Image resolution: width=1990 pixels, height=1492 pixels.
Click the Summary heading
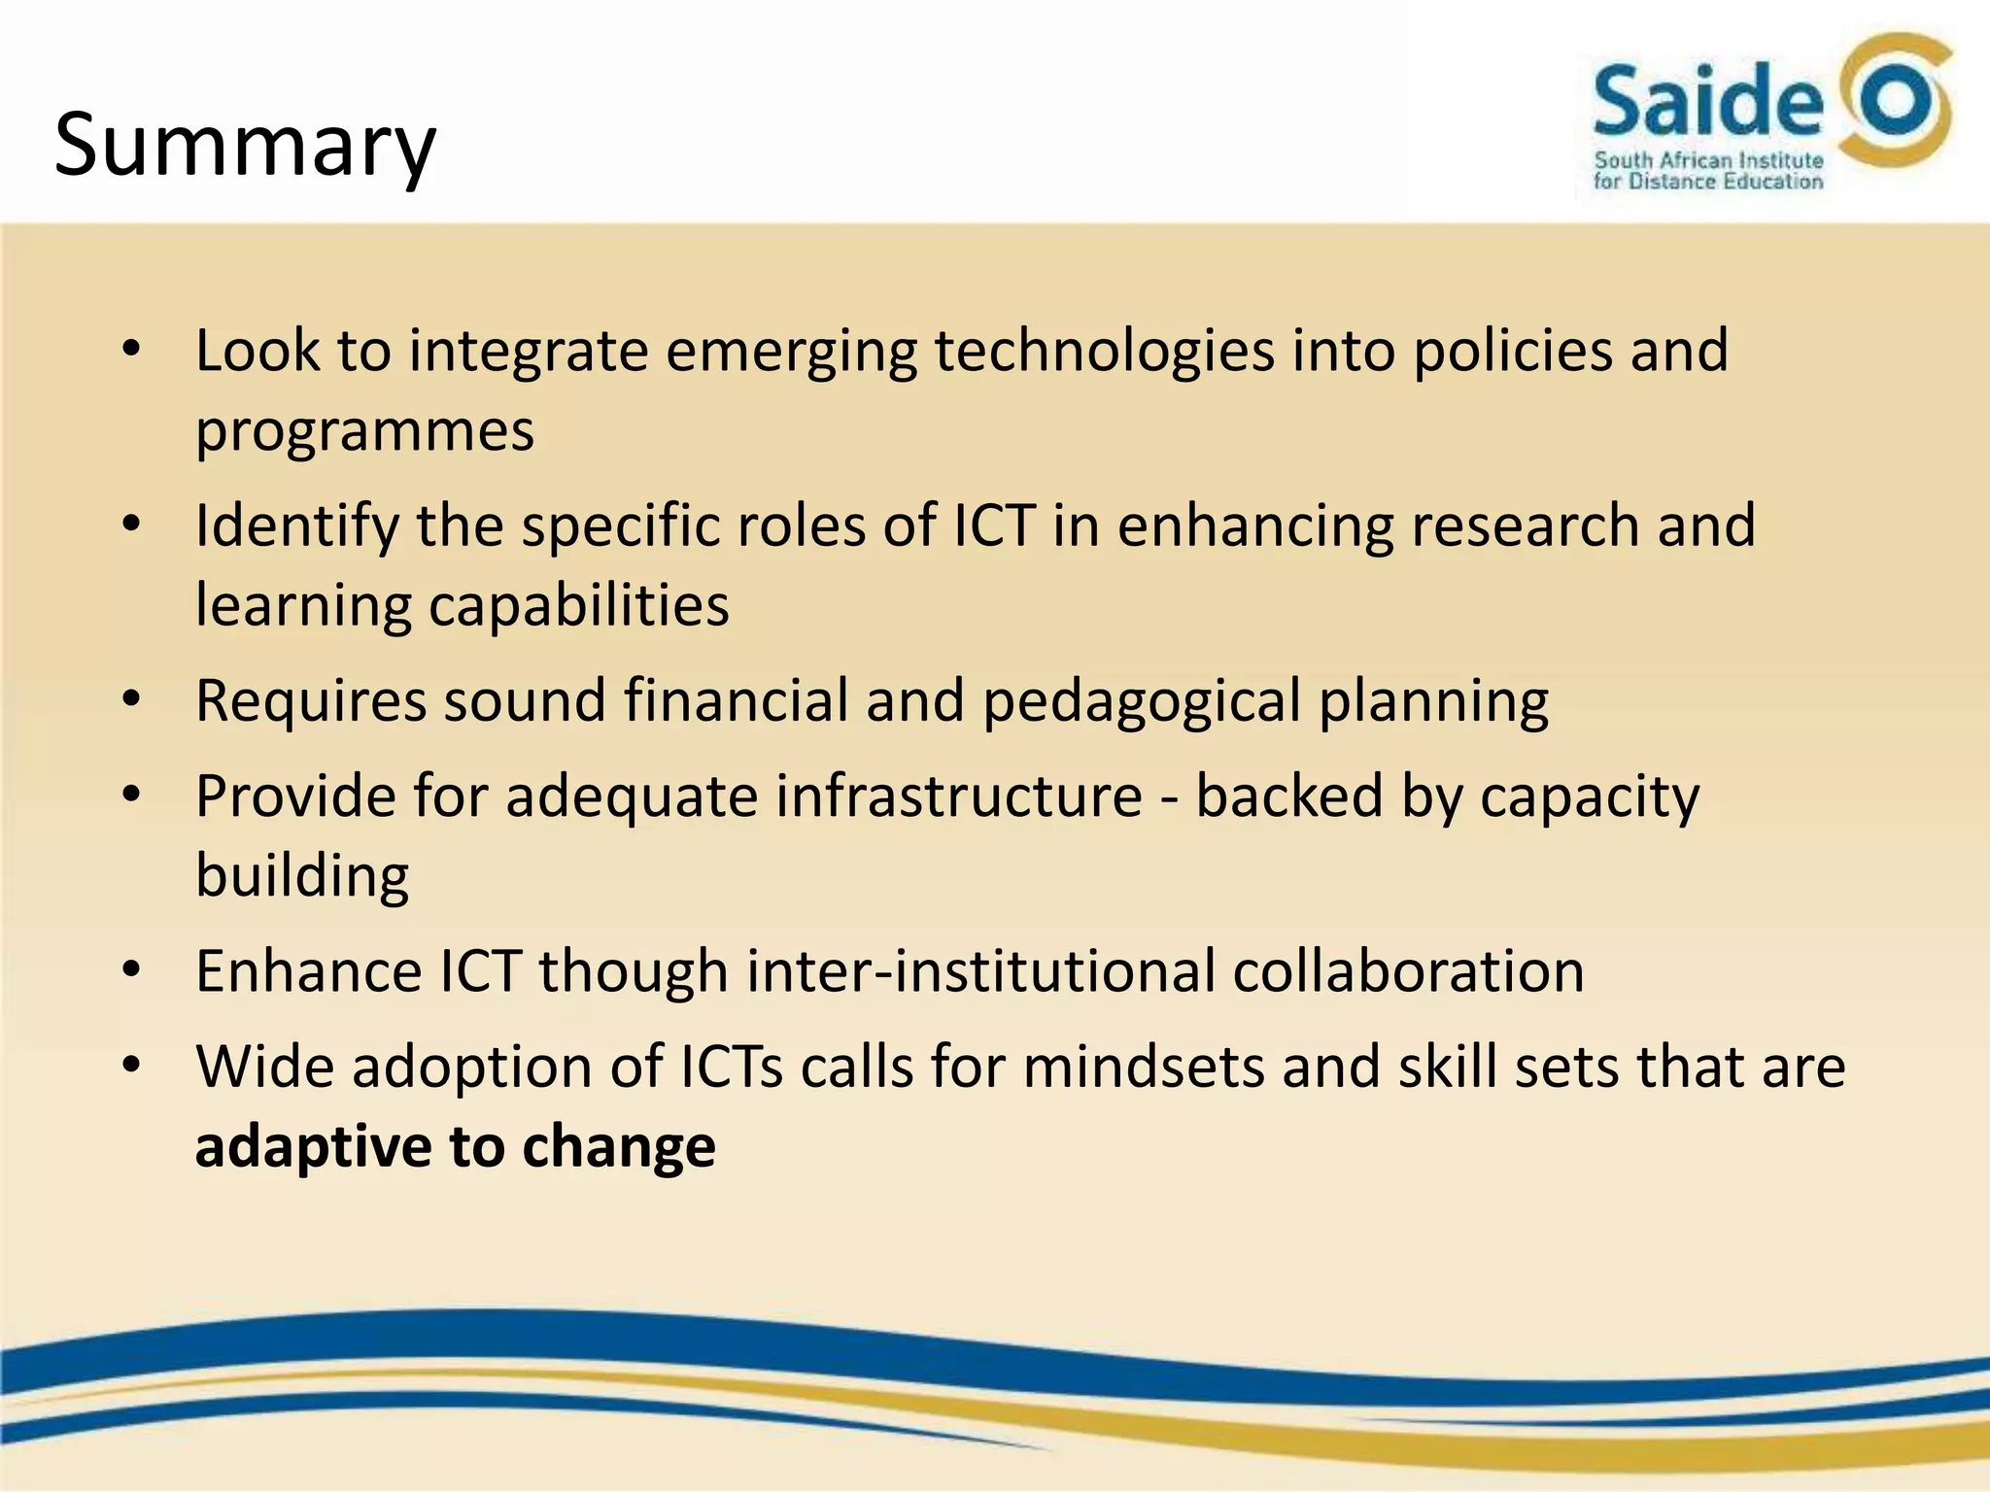(x=245, y=146)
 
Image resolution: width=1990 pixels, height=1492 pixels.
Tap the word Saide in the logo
(x=1707, y=101)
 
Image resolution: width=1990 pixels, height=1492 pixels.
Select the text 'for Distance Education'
(x=1708, y=182)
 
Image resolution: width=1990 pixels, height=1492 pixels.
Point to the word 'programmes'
(x=364, y=431)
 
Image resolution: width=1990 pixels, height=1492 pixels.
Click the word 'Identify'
(x=297, y=526)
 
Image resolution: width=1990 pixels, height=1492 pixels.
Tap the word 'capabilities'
(x=579, y=605)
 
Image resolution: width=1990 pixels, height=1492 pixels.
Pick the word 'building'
(x=302, y=876)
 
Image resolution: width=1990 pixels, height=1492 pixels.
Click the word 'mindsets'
(x=1143, y=1068)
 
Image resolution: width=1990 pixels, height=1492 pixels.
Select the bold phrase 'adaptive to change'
(x=455, y=1147)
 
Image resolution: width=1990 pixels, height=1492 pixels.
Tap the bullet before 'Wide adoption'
(x=132, y=1066)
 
